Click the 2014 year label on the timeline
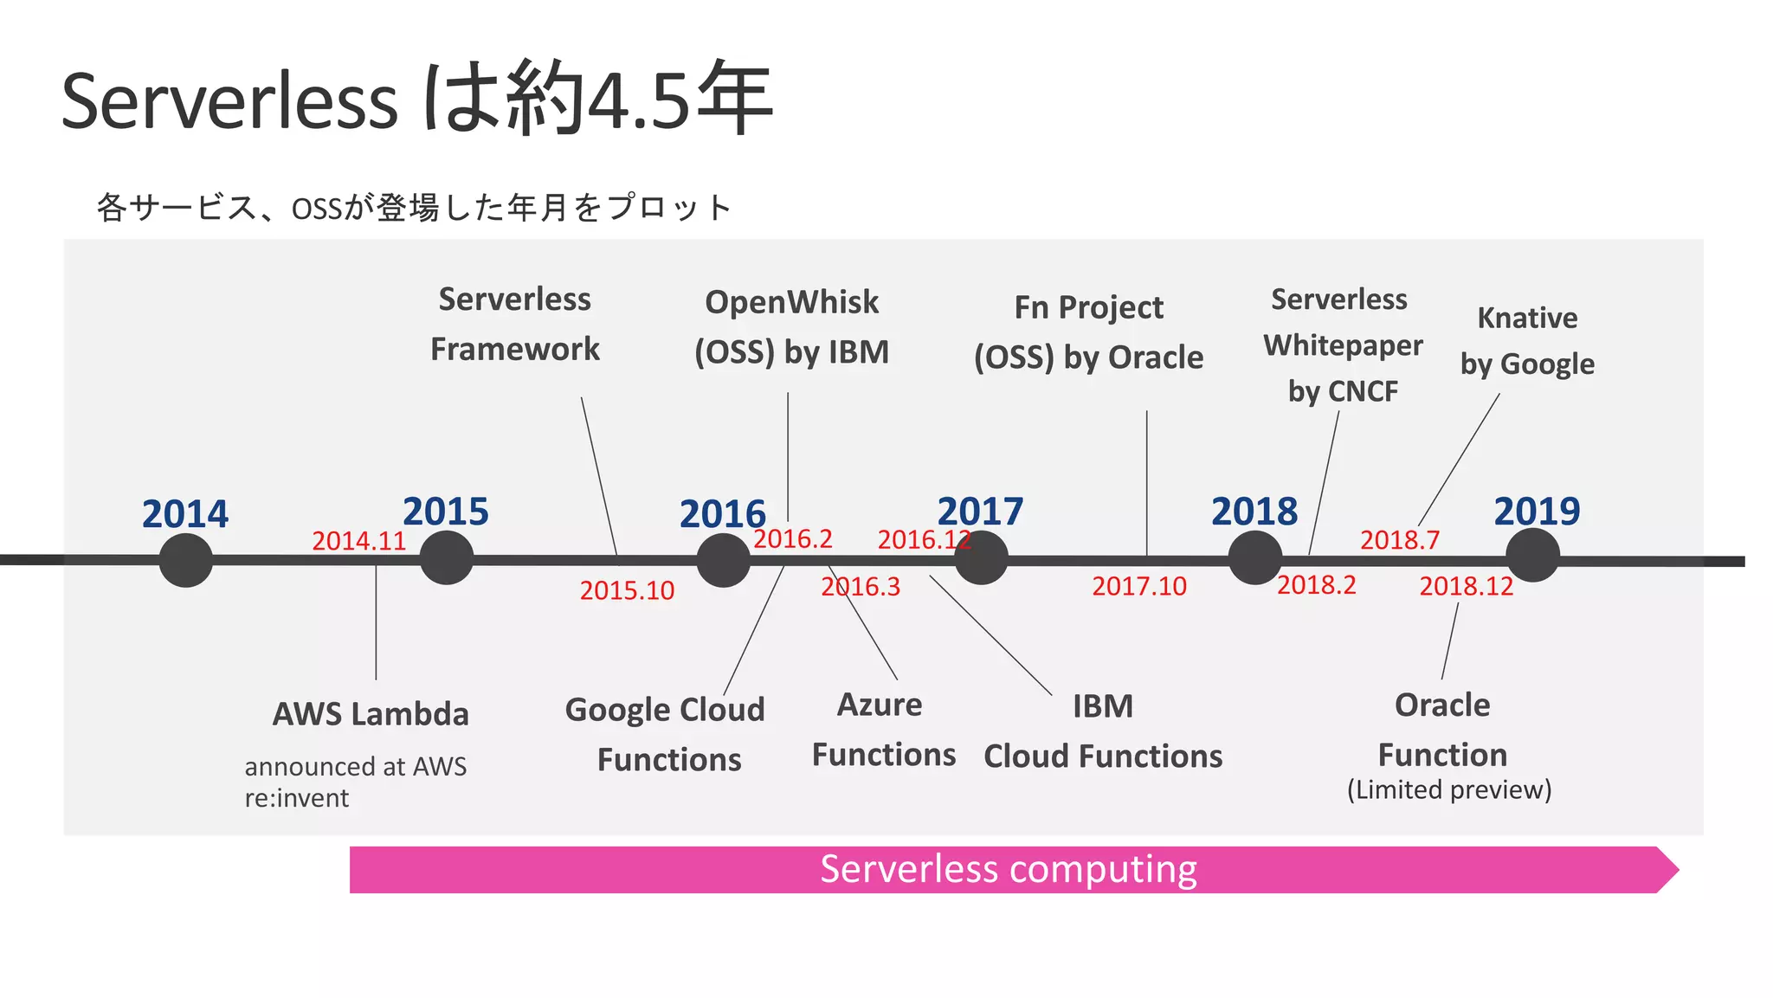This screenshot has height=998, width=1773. [x=185, y=514]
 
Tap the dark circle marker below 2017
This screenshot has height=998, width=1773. [x=981, y=558]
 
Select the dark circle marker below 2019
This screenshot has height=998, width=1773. [x=1532, y=556]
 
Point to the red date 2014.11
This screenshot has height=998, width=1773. [x=358, y=541]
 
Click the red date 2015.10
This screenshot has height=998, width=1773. [x=627, y=590]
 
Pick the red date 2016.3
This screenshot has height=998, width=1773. [x=861, y=587]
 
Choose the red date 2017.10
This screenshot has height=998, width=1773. [x=1139, y=586]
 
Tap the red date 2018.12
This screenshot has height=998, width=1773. [x=1466, y=586]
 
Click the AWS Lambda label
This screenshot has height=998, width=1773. [x=371, y=714]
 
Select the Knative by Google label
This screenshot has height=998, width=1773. [x=1527, y=340]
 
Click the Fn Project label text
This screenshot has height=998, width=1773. [x=1088, y=307]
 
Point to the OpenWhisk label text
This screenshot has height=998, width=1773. [x=791, y=302]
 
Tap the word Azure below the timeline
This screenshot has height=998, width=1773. [x=880, y=705]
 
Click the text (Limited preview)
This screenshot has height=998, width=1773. [x=1449, y=789]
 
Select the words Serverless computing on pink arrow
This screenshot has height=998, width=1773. [x=1008, y=869]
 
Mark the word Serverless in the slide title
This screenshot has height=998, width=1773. [x=230, y=101]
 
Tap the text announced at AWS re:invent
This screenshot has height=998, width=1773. [x=355, y=782]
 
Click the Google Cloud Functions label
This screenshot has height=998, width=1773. [x=666, y=734]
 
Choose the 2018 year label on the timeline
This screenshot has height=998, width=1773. [x=1254, y=512]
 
